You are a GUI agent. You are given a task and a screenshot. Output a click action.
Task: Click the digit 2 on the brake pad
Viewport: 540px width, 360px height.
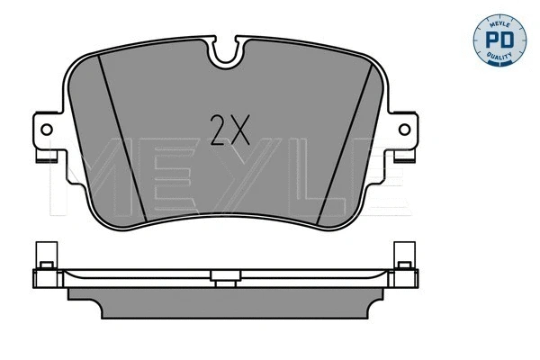[218, 132]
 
